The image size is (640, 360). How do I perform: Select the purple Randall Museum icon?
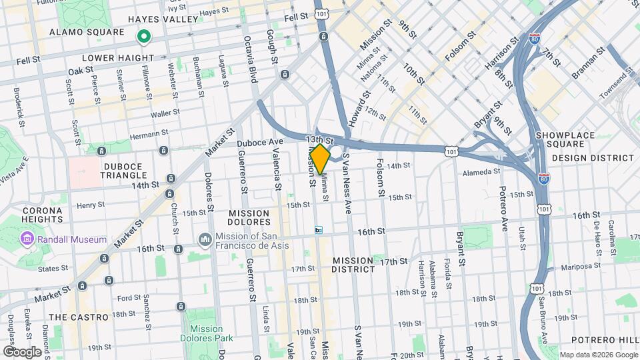pos(27,239)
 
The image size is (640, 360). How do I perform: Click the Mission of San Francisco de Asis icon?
pos(205,239)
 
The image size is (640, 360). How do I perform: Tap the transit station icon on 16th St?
pos(319,231)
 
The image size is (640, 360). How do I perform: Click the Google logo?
pos(22,351)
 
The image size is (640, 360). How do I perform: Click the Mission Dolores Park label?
pos(206,333)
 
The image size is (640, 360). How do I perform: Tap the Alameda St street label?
pos(481,171)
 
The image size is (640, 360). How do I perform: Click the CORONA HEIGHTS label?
pos(42,214)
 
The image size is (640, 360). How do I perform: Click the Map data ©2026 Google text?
pos(598,355)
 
